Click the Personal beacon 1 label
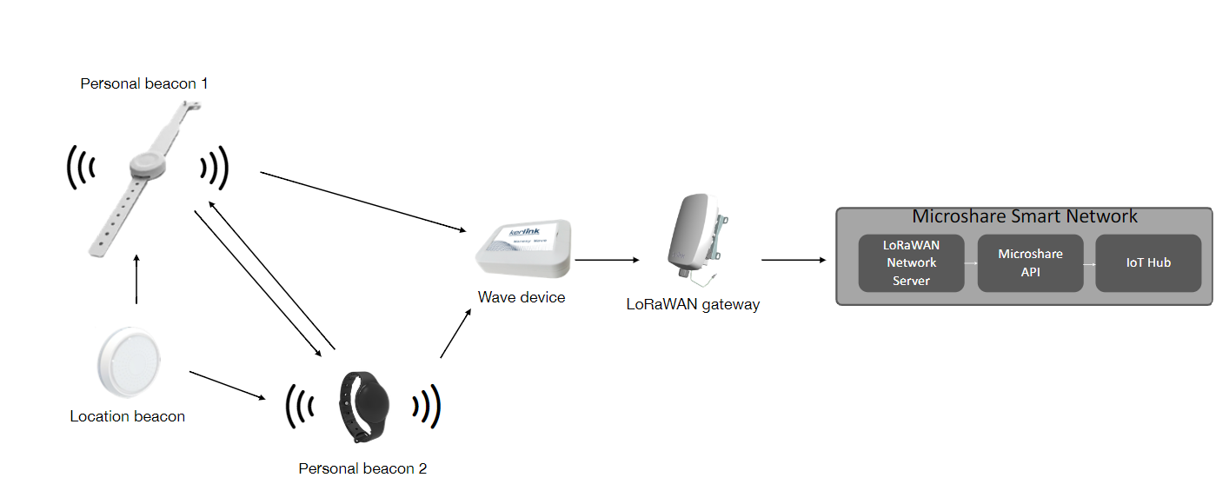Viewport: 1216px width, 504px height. (x=143, y=84)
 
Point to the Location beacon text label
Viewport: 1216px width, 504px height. (x=128, y=416)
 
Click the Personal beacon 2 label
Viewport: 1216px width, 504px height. (x=362, y=468)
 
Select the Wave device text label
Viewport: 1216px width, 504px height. (x=522, y=297)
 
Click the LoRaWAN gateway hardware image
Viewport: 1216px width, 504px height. (x=694, y=237)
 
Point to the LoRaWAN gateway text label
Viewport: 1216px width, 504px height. (x=693, y=304)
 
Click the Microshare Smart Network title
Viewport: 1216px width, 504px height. (x=1024, y=216)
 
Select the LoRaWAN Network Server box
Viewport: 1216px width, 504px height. (x=911, y=262)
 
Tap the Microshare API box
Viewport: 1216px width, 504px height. (x=1030, y=262)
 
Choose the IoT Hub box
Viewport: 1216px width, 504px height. (x=1148, y=262)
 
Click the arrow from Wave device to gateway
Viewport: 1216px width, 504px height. (x=607, y=259)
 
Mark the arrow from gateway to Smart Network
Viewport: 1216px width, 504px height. (x=793, y=259)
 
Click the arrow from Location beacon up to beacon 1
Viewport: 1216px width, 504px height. (x=136, y=279)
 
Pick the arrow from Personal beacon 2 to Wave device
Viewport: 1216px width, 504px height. (x=455, y=334)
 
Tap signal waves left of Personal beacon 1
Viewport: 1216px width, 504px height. (x=80, y=166)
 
